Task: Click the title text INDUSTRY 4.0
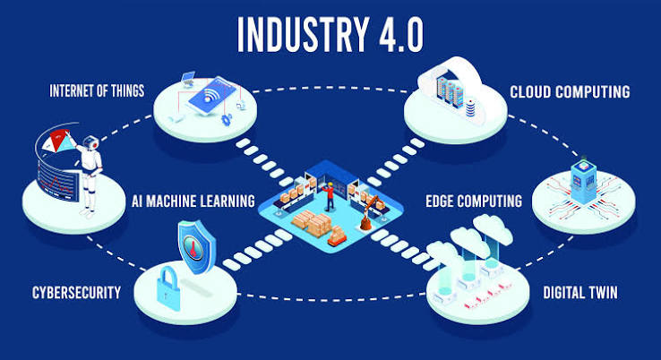pos(330,35)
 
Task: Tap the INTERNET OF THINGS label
pos(97,90)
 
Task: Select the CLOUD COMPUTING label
pos(570,91)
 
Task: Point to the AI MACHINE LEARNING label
pos(193,201)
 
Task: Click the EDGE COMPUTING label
pos(474,201)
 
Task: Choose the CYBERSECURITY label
pos(76,293)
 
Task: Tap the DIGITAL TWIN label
pos(580,293)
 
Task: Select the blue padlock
pos(167,288)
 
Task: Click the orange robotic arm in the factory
pos(369,213)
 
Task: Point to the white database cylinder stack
pos(470,107)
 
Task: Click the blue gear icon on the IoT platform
pos(226,119)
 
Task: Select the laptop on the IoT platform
pos(187,79)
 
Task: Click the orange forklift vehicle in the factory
pos(337,236)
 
